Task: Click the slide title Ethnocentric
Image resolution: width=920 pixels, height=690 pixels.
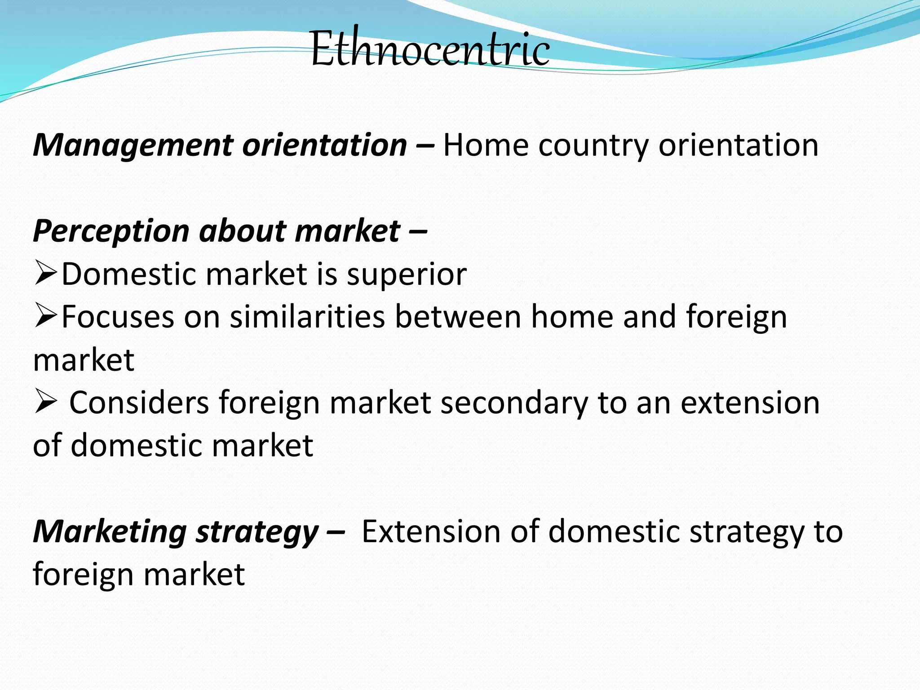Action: click(x=430, y=48)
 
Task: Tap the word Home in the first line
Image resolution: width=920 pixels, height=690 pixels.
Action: click(x=486, y=146)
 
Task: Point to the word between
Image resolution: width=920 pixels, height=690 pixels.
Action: click(x=457, y=317)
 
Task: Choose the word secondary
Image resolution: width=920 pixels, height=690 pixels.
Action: click(x=514, y=403)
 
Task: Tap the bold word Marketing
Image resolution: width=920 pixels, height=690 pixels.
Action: click(x=110, y=532)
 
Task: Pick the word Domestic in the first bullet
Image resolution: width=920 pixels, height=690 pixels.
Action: click(x=128, y=274)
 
